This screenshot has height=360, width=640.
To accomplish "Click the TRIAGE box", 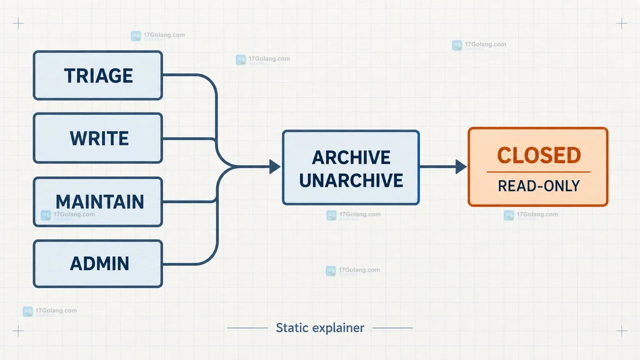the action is (98, 76).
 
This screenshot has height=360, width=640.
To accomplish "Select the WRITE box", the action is (98, 138).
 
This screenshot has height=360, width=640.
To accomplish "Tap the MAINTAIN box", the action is (98, 202).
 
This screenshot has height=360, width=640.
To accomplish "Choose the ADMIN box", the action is (98, 264).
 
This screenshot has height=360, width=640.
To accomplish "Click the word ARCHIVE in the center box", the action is (351, 157).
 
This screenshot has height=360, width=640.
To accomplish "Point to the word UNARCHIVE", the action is (351, 181).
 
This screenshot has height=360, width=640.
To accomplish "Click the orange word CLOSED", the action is (539, 155).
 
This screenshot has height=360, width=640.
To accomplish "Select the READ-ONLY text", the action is (539, 186).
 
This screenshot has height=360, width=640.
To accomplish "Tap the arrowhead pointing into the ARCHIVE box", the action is (275, 166).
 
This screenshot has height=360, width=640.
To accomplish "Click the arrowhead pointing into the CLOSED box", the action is (461, 166).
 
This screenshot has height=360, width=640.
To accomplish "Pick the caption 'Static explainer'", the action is (320, 327).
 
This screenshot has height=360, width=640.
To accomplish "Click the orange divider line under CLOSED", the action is (539, 172).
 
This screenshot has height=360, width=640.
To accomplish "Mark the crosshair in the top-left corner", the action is (18, 23).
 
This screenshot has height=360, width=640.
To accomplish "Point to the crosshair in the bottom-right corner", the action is (622, 331).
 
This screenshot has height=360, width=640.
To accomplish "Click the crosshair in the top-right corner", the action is (622, 23).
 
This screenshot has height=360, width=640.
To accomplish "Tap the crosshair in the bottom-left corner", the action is (18, 331).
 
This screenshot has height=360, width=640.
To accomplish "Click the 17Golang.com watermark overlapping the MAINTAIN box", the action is (67, 215).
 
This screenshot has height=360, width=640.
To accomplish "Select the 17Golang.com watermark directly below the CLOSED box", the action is (531, 215).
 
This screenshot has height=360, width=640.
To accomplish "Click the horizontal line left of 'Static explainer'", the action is (247, 327).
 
